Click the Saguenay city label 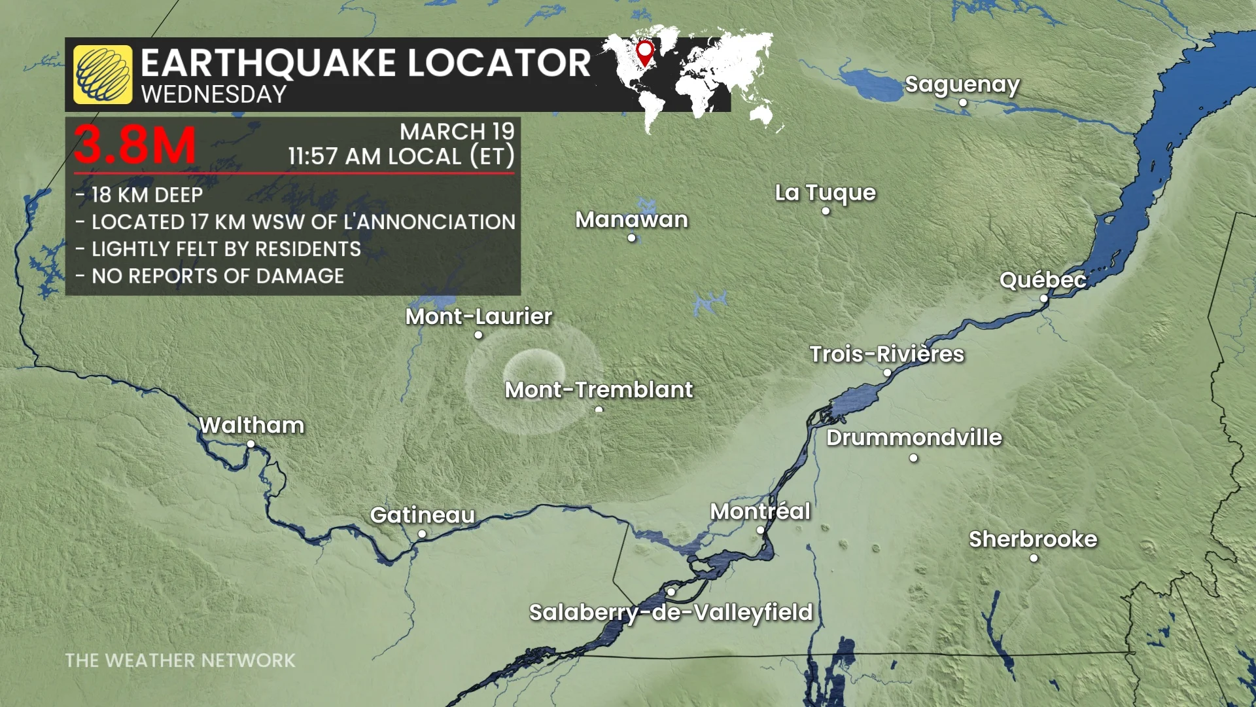(x=962, y=84)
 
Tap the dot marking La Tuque (x=826, y=211)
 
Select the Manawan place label (x=631, y=219)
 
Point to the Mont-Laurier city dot (x=478, y=335)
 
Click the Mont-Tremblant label (x=599, y=390)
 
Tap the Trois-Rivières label (x=886, y=354)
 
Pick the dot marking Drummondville (x=913, y=458)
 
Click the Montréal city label (x=760, y=511)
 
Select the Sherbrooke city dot (x=1034, y=558)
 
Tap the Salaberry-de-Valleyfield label (x=671, y=612)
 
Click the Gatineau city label (x=422, y=515)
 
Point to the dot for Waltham (x=251, y=444)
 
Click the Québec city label (x=1043, y=280)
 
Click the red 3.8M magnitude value (x=135, y=145)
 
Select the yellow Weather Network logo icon (x=103, y=75)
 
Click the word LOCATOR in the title (x=499, y=63)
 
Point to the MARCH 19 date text (x=457, y=132)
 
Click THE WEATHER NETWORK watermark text (x=180, y=661)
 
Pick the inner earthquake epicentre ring (x=534, y=367)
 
